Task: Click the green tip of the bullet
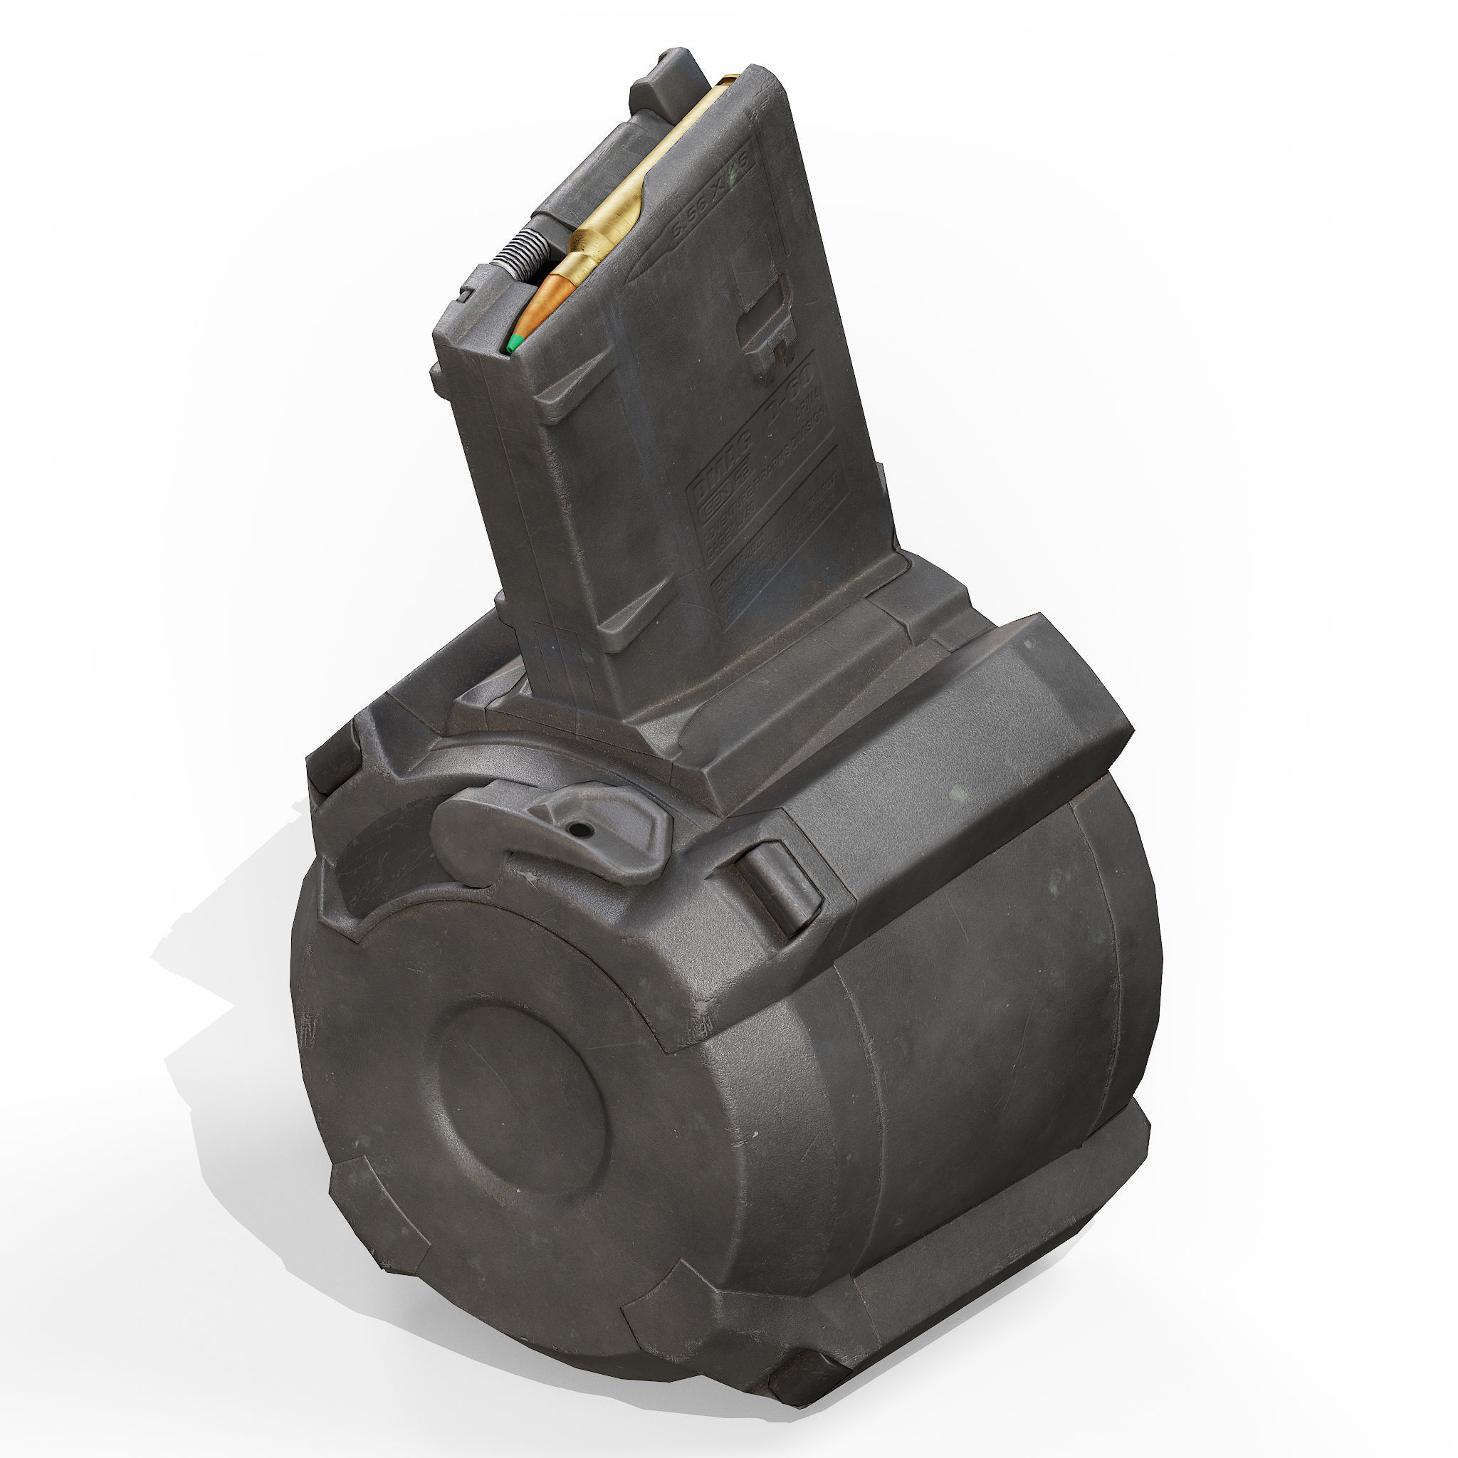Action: pyautogui.click(x=515, y=344)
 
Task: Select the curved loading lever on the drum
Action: pyautogui.click(x=551, y=834)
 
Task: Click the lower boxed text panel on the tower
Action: pyautogui.click(x=777, y=520)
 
